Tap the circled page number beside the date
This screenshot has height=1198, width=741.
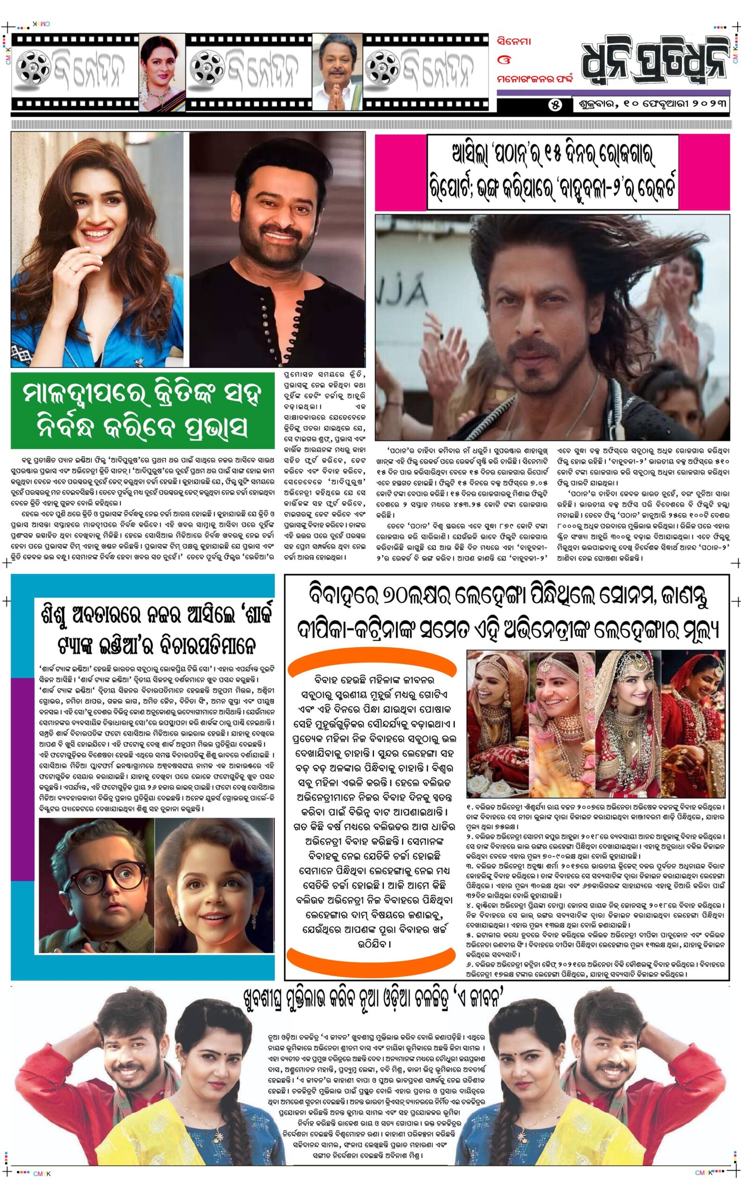tap(555, 105)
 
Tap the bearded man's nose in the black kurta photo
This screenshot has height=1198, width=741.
tap(278, 216)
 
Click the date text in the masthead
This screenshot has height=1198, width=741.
tap(651, 105)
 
